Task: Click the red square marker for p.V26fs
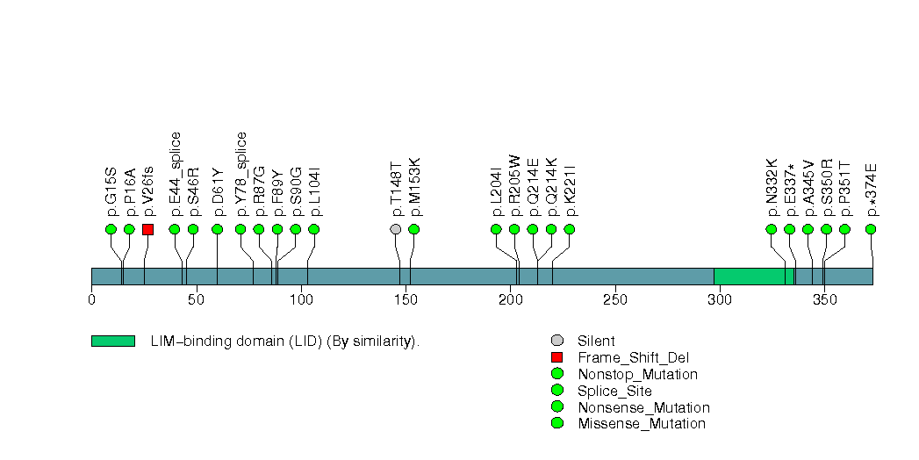(147, 229)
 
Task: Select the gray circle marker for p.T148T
(396, 229)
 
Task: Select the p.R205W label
(514, 185)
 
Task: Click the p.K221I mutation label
(570, 189)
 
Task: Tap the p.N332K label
(772, 187)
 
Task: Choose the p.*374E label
(872, 189)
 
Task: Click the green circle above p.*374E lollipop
(871, 229)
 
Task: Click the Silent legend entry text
(596, 341)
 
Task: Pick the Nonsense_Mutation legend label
(643, 407)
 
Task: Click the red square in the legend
(556, 357)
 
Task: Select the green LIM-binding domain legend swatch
(112, 341)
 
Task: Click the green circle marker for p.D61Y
(218, 229)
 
